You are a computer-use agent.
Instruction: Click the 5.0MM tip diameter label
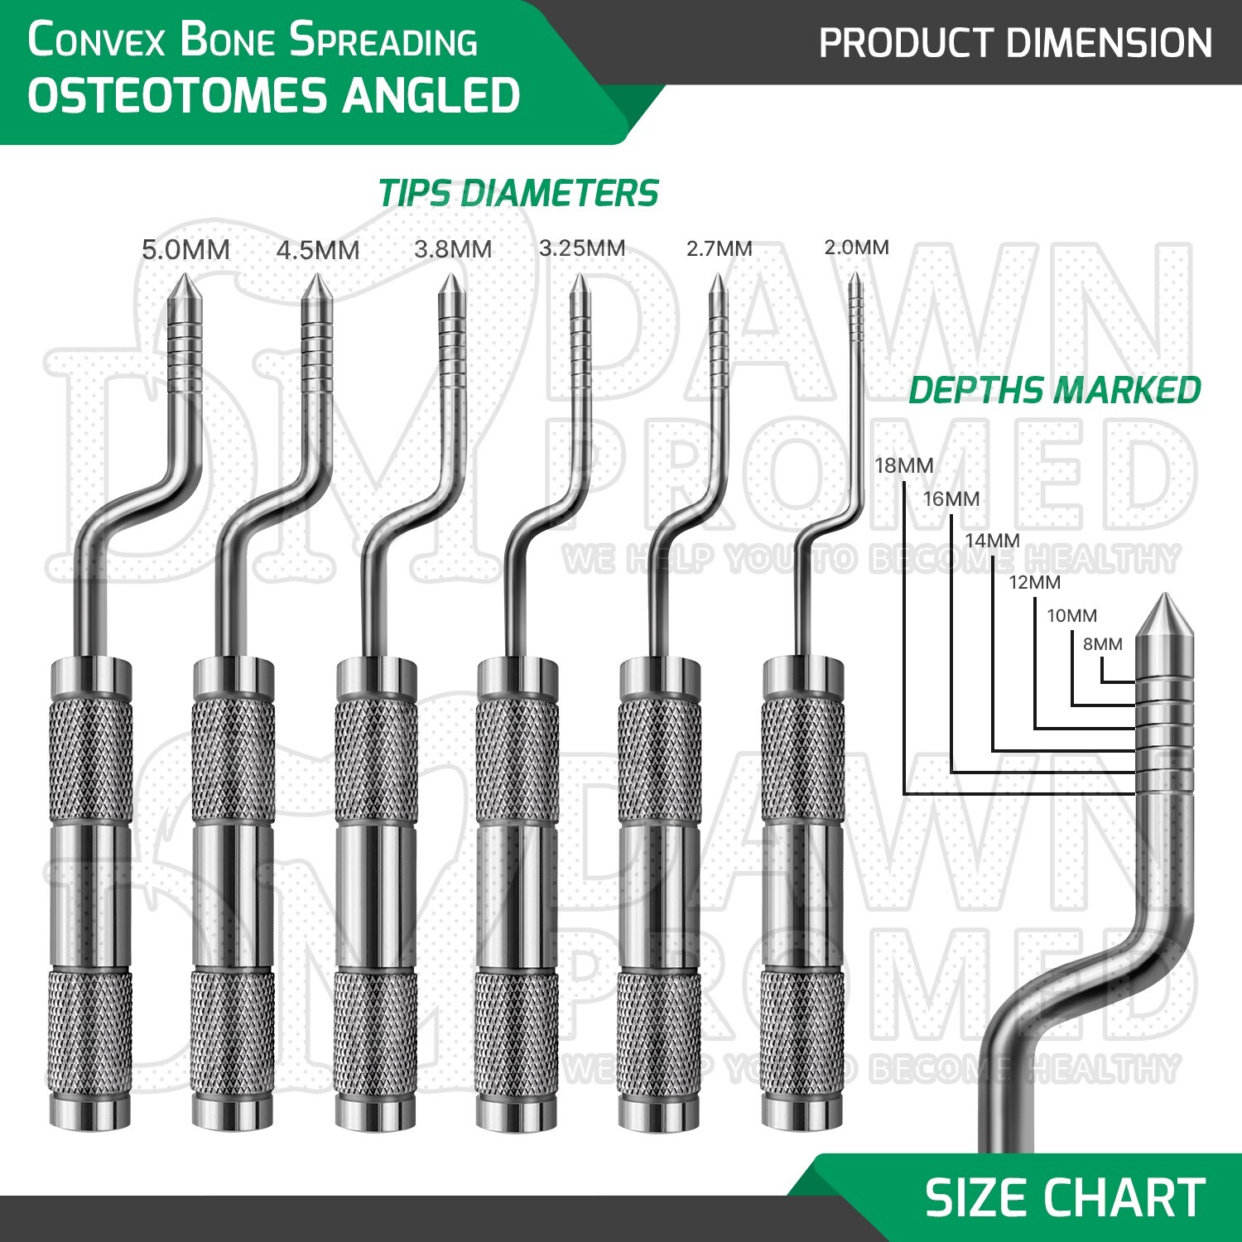(185, 249)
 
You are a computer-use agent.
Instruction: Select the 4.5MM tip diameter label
(318, 250)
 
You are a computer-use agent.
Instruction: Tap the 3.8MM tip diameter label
(453, 249)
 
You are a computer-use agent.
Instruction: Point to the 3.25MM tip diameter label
(582, 248)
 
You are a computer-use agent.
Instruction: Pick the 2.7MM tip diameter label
(719, 248)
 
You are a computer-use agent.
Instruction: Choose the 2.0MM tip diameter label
(856, 247)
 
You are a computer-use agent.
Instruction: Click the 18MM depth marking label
(903, 465)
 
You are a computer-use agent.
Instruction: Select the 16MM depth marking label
(951, 498)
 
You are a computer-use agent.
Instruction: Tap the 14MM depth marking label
(992, 540)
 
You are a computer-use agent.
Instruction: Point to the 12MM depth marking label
(1034, 582)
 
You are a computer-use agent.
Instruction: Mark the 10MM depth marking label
(1071, 615)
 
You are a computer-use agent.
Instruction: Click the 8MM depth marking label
(1103, 643)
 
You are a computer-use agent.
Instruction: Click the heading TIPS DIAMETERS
(518, 194)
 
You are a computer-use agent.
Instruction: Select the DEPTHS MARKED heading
(1055, 390)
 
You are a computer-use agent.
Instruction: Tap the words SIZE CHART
(1065, 1197)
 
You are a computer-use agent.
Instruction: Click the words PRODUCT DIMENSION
(1015, 43)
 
